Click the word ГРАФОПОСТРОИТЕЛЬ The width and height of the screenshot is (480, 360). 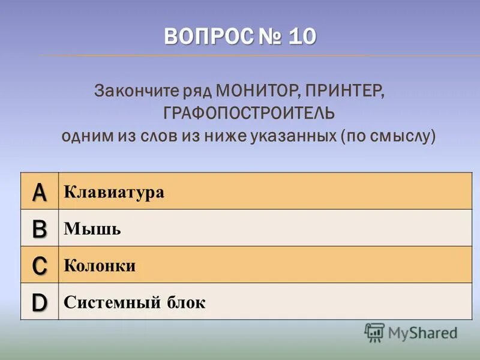[248, 113]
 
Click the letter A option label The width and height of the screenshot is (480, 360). [39, 192]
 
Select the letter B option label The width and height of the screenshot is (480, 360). [39, 229]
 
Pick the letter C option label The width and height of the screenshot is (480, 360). [39, 265]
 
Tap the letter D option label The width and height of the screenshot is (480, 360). [39, 302]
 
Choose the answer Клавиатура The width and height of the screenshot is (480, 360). [114, 193]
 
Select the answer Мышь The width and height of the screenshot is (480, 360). [92, 229]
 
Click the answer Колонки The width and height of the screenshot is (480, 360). [100, 266]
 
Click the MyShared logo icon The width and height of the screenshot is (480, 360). [374, 332]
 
